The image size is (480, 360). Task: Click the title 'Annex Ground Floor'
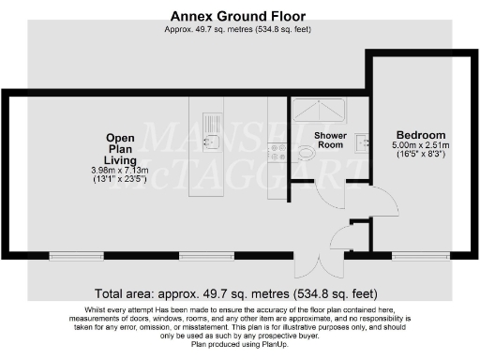pyautogui.click(x=239, y=16)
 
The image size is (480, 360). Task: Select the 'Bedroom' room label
pyautogui.click(x=421, y=134)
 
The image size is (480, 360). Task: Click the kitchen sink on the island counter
pyautogui.click(x=211, y=142)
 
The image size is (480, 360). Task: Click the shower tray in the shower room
pyautogui.click(x=319, y=111)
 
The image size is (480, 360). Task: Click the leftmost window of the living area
pyautogui.click(x=77, y=254)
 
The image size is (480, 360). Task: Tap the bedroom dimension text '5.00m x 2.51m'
pyautogui.click(x=420, y=146)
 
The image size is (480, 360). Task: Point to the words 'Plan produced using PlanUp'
pyautogui.click(x=239, y=344)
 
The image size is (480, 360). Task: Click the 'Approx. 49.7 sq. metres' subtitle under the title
pyautogui.click(x=239, y=29)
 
